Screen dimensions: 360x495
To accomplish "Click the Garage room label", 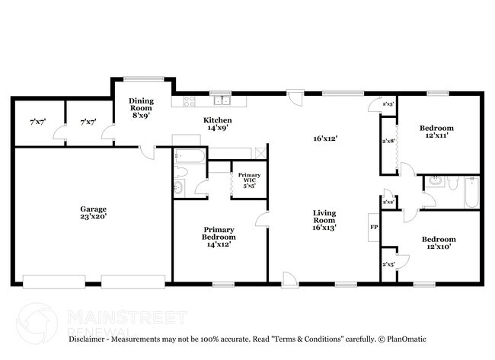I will click(94, 212).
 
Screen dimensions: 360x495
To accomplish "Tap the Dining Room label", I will click(141, 107).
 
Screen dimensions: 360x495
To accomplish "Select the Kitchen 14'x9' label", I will click(217, 124).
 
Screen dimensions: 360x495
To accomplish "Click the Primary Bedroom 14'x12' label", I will click(219, 237).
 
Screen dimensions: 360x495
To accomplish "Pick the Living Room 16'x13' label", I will click(324, 220).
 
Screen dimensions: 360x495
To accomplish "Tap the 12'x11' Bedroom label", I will click(437, 131).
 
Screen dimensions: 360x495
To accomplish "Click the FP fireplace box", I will click(373, 227).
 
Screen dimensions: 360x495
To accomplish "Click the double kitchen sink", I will click(222, 100).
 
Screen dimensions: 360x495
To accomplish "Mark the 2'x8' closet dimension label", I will click(388, 141).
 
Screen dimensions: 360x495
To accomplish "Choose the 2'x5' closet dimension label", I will click(388, 264).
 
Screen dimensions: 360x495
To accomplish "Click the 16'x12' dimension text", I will click(324, 139).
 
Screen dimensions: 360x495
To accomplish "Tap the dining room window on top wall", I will click(142, 77).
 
